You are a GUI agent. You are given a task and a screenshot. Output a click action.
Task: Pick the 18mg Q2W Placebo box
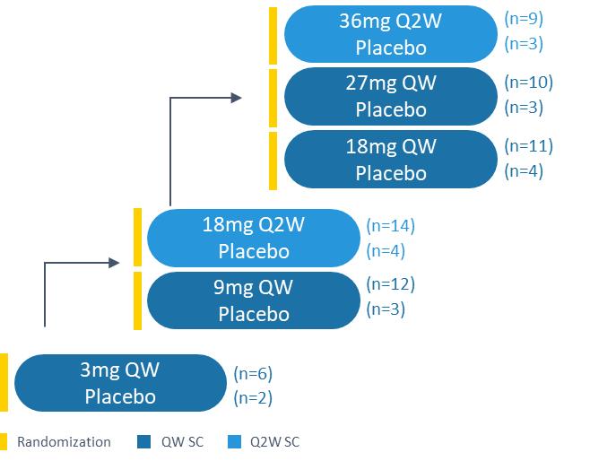coord(253,238)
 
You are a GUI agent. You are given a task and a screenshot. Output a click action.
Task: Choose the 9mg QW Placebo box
coord(253,300)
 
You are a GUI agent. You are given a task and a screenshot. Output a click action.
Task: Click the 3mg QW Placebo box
coord(120,383)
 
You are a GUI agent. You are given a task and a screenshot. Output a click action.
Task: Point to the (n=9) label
coord(524,18)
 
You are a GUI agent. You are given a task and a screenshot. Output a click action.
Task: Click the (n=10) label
coord(528,82)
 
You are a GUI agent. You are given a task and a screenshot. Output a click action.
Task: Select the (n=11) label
coord(528,145)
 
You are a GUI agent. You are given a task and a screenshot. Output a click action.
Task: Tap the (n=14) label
coord(390,225)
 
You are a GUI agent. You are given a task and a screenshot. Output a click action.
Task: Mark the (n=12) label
coord(390,284)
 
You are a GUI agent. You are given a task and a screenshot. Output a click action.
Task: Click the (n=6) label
coord(253,373)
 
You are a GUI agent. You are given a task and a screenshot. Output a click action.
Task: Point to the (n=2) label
coord(253,397)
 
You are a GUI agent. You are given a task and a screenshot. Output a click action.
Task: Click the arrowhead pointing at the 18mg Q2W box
coord(114,262)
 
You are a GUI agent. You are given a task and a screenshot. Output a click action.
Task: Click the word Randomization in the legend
coord(64,441)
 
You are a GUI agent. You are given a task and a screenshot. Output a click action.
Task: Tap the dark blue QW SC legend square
coord(144,441)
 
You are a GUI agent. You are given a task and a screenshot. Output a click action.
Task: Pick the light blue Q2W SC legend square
coord(235,441)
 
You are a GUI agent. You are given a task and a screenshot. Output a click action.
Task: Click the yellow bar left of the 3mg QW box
coord(4,383)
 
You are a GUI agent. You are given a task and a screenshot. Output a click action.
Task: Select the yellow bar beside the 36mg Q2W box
coord(273,34)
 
